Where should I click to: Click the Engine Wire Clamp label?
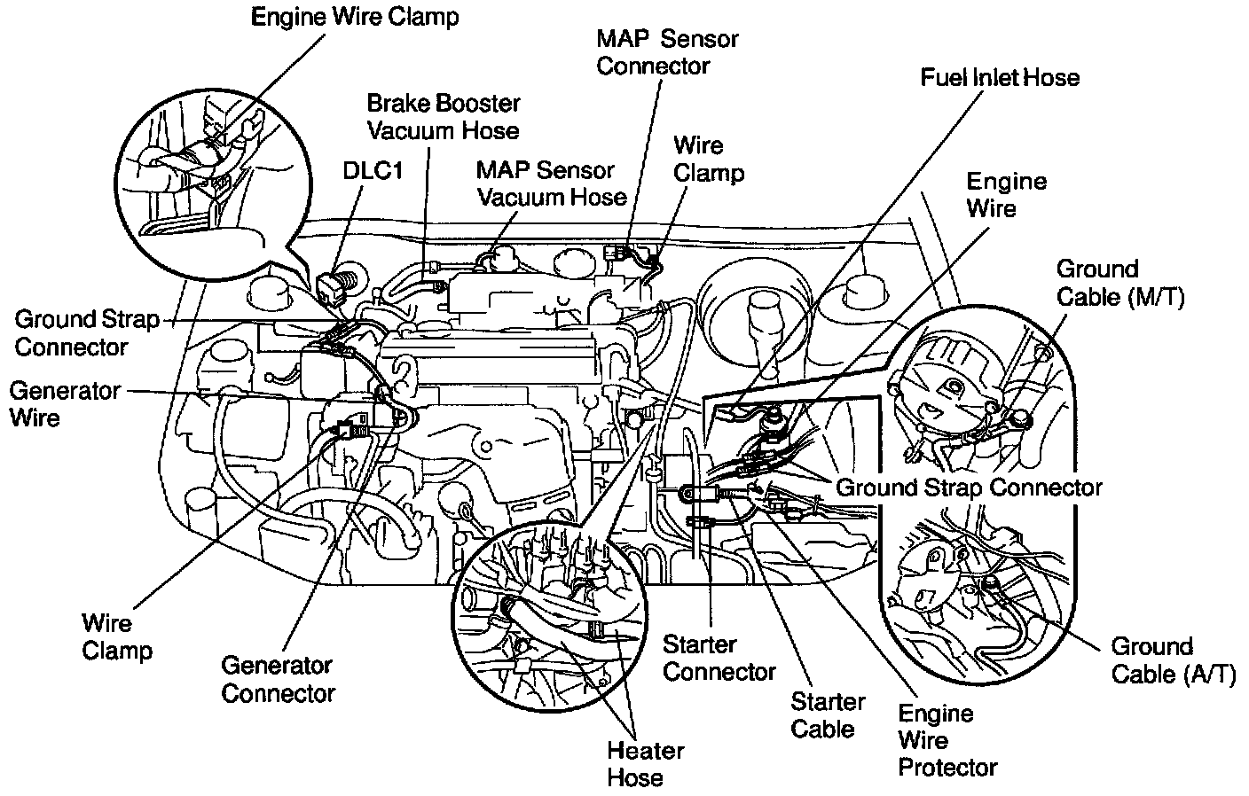tap(355, 18)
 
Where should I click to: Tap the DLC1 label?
tap(373, 170)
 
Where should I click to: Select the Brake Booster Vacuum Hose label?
tap(443, 117)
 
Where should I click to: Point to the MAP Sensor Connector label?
tap(667, 52)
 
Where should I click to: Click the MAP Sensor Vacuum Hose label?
tap(551, 183)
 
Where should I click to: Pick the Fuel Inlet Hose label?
tap(1000, 78)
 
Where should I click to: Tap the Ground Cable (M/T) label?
tap(1119, 283)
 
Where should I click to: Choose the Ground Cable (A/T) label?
tap(1172, 660)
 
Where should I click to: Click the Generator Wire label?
tap(65, 404)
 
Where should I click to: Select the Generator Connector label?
tap(277, 679)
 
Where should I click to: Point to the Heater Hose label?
tap(645, 764)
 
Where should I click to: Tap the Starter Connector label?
tap(719, 659)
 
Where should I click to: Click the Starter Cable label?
tap(827, 715)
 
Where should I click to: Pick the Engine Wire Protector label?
tap(947, 740)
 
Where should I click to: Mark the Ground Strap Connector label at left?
tap(86, 332)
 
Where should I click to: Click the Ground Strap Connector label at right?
tap(969, 488)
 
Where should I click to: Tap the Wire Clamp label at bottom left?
tap(117, 636)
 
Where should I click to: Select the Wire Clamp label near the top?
tap(708, 159)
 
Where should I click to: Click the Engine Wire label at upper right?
tap(1005, 195)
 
